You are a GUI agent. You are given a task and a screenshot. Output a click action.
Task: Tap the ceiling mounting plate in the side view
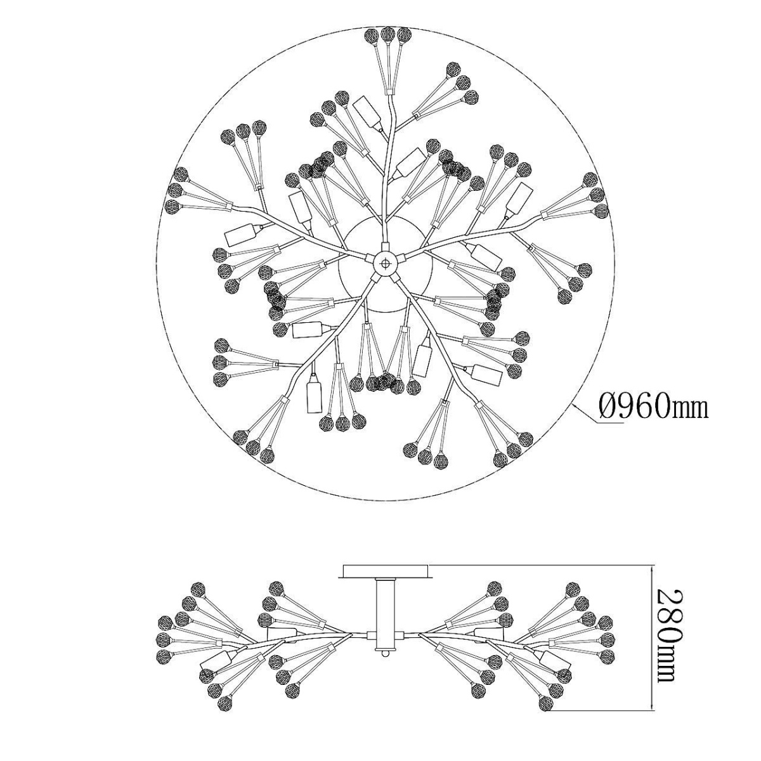pyautogui.click(x=386, y=571)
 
